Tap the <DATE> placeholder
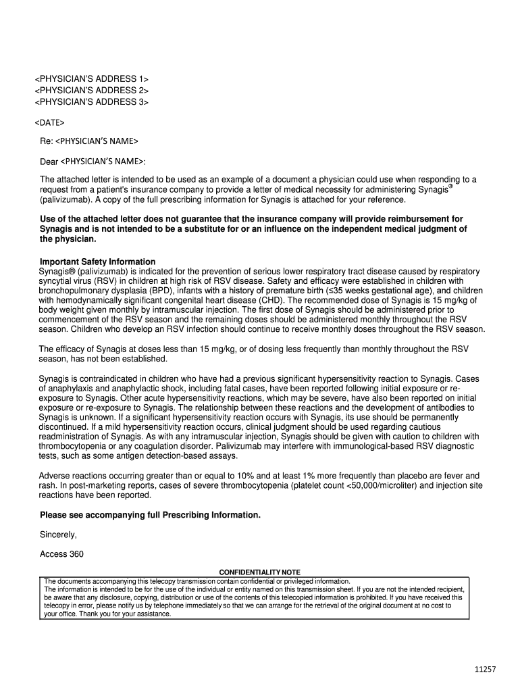[x=49, y=123]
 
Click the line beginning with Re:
[x=88, y=141]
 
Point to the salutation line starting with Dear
[x=93, y=162]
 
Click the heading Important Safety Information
[x=97, y=262]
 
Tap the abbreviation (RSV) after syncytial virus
[x=97, y=280]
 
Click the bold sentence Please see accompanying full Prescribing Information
[x=150, y=515]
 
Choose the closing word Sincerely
[x=59, y=535]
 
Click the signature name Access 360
[x=62, y=555]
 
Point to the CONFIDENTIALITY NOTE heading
[x=259, y=572]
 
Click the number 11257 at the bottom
[x=485, y=669]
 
